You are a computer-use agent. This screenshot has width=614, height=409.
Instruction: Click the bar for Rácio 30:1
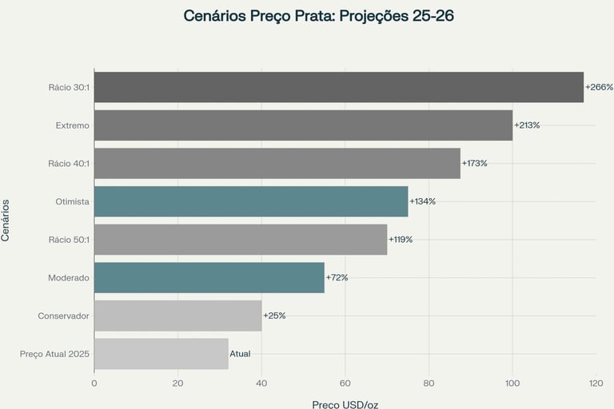339,87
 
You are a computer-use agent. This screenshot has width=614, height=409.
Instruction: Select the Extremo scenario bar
303,125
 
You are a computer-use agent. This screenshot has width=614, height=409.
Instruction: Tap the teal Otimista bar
251,201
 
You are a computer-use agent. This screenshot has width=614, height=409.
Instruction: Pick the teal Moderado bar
209,277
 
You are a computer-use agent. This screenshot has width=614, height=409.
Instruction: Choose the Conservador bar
177,316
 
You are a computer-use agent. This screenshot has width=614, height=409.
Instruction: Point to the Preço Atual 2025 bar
161,353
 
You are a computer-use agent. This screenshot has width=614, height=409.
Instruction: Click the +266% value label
598,87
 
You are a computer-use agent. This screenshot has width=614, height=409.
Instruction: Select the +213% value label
527,125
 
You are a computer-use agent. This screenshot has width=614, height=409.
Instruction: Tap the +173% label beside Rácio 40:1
474,163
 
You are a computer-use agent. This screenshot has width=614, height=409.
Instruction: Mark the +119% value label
401,240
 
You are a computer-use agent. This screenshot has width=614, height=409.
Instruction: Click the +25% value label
274,316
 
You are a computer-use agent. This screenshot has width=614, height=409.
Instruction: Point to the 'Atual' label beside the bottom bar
240,353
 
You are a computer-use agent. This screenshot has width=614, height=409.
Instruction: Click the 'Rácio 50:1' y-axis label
68,240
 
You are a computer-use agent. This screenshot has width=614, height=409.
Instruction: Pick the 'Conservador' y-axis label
63,316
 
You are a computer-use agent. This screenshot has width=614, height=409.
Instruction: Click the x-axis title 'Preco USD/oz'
345,404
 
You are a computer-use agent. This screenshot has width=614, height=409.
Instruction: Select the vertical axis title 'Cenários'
6,220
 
